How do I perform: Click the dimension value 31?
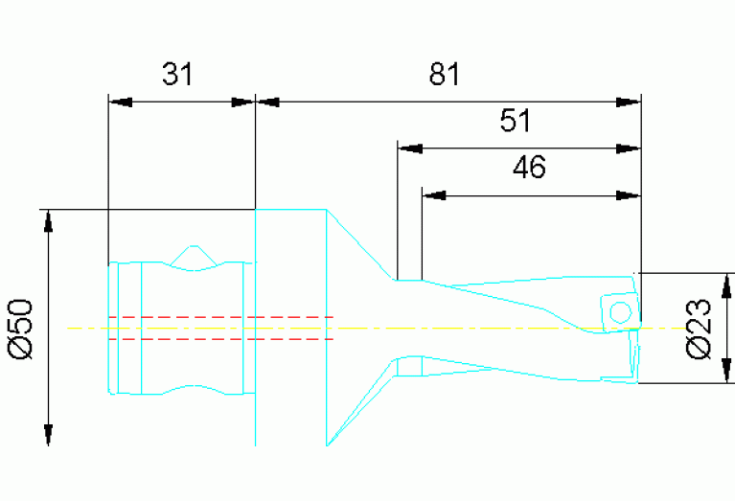tap(177, 74)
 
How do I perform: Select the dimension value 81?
tap(445, 74)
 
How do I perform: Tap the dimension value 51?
tap(516, 121)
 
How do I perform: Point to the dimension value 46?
tap(529, 167)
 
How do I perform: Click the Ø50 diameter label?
tap(21, 329)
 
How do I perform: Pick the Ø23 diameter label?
tap(699, 329)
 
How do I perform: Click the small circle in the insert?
tap(621, 312)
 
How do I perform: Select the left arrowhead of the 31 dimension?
tap(121, 102)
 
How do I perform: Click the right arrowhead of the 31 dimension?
tap(243, 102)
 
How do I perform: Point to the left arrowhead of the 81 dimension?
tap(267, 102)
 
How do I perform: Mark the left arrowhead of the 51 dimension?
tap(410, 148)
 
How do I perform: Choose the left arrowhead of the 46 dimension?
tap(434, 195)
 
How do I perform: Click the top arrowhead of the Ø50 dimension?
tap(48, 221)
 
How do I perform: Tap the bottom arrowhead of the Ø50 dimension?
tap(48, 435)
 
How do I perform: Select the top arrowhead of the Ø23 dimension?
tap(726, 285)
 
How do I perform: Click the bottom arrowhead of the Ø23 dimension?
tap(726, 371)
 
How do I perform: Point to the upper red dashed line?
tap(220, 317)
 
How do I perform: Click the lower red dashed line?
tap(220, 339)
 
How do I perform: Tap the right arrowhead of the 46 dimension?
tap(628, 195)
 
